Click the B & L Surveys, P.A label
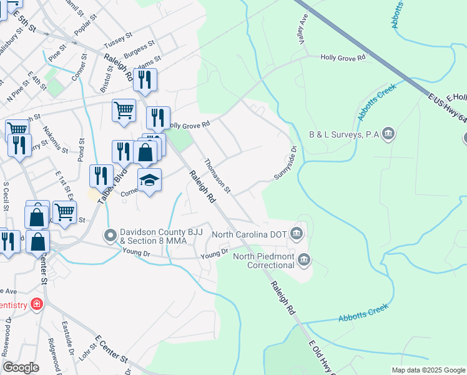pyautogui.click(x=344, y=134)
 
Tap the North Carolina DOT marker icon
pyautogui.click(x=297, y=234)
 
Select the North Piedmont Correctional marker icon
pyautogui.click(x=303, y=259)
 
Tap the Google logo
pyautogui.click(x=21, y=367)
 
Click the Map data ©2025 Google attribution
pyautogui.click(x=428, y=370)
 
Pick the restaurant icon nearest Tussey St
pyautogui.click(x=145, y=79)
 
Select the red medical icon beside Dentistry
pyautogui.click(x=37, y=304)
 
